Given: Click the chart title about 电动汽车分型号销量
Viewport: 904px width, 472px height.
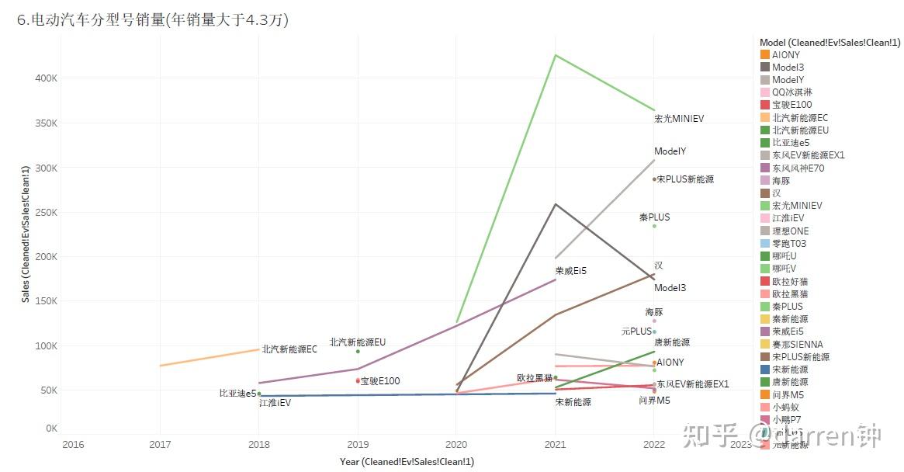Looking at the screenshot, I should point(153,21).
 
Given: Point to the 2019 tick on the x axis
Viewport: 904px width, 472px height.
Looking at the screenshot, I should point(358,445).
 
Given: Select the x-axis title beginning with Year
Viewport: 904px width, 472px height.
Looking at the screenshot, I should point(407,462).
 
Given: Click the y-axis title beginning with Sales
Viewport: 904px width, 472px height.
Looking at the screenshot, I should point(26,234).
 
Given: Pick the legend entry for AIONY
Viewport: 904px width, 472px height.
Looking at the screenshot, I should point(785,55).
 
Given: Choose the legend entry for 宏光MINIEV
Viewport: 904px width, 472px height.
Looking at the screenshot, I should point(796,206).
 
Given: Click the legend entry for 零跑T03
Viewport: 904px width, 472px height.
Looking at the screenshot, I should point(788,244).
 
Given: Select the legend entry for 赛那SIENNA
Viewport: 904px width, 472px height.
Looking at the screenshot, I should point(797,344).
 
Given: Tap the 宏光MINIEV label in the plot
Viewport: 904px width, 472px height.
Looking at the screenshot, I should point(679,119).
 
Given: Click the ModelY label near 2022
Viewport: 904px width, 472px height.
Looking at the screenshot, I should point(670,151).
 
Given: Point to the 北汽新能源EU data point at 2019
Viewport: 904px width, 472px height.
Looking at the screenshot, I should point(358,352).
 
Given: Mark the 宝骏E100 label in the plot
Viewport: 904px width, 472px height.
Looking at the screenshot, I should point(380,381).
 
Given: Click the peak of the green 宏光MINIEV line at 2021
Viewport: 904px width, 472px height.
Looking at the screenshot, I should point(555,55).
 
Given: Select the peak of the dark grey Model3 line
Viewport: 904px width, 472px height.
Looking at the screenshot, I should point(555,204).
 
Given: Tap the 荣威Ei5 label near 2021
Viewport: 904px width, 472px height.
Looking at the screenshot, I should point(571,271).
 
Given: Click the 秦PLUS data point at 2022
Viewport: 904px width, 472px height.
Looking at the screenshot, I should point(654,226).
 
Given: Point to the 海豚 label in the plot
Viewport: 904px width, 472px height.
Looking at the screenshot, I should point(654,312).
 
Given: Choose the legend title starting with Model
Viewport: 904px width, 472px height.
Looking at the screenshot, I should point(830,43).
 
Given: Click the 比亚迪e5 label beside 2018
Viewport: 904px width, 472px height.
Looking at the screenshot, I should point(237,394).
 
